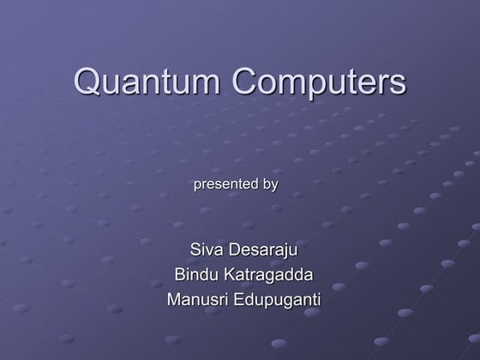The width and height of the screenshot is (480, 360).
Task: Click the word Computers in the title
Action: (319, 83)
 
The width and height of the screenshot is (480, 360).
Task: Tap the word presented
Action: (226, 183)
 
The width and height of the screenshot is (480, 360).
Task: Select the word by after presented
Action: (270, 184)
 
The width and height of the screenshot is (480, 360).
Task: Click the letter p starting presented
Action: (200, 185)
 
